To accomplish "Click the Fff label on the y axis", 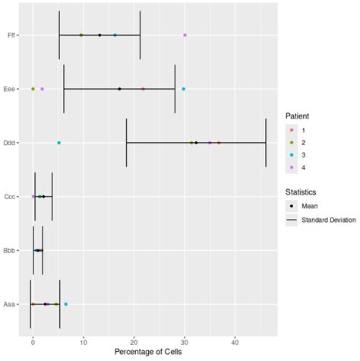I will (8, 35).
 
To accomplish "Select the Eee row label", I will (8, 89).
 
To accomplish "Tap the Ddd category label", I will (8, 143).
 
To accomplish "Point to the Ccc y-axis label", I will (8, 197).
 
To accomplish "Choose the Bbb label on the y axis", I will (8, 250).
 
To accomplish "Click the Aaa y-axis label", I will (8, 304).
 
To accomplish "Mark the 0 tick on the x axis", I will (33, 340).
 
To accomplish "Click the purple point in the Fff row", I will (185, 35).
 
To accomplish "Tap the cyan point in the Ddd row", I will (58, 143).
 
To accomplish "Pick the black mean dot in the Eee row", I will (119, 89).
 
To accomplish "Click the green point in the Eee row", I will (33, 89).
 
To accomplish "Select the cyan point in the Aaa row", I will (65, 304).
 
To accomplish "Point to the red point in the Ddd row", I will (219, 143).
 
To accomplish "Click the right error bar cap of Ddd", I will (266, 143).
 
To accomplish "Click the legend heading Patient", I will (297, 116).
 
